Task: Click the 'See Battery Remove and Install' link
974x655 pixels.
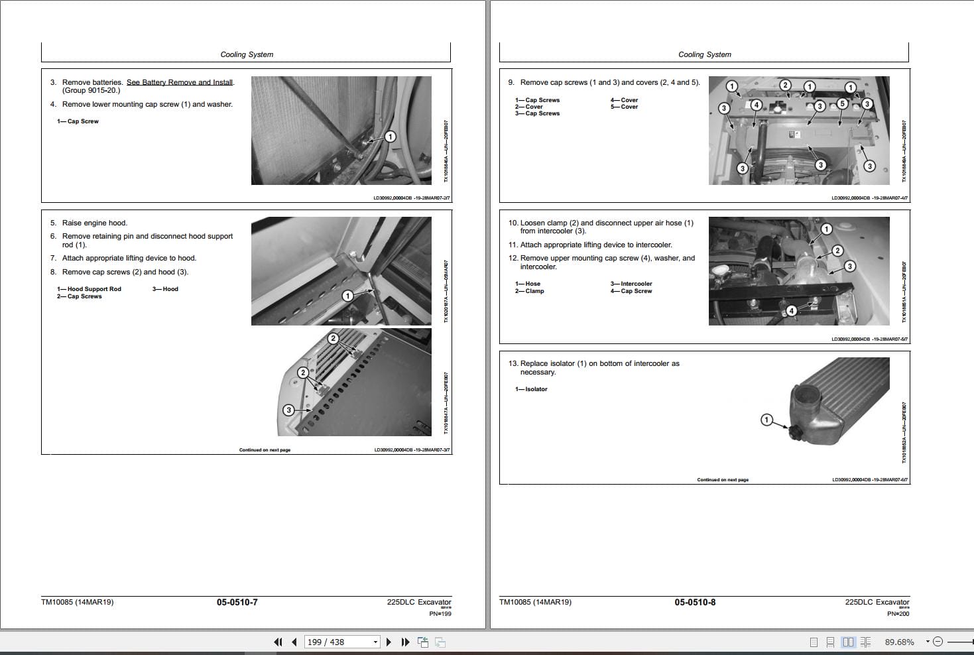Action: (180, 82)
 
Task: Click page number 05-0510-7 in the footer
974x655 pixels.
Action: (237, 602)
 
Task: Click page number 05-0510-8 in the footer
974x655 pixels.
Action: (695, 602)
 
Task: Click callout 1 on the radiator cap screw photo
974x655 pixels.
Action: (391, 137)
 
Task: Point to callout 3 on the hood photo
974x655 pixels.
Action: (288, 410)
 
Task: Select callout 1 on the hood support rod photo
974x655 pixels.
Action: (347, 296)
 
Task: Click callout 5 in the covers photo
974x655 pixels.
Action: (842, 103)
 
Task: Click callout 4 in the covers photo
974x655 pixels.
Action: (756, 105)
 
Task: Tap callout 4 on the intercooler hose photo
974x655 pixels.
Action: (791, 311)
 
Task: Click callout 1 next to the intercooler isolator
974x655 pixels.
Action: (766, 420)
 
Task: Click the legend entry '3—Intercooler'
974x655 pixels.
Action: (631, 284)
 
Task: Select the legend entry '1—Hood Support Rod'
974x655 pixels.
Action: (90, 289)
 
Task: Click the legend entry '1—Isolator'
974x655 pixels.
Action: (531, 389)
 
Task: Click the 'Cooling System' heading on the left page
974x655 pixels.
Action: (247, 54)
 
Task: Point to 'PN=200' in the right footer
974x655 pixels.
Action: (898, 613)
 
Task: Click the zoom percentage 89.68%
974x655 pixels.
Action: (899, 642)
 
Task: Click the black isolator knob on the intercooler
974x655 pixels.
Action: (793, 433)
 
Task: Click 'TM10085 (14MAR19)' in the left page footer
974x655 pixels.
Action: (77, 602)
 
